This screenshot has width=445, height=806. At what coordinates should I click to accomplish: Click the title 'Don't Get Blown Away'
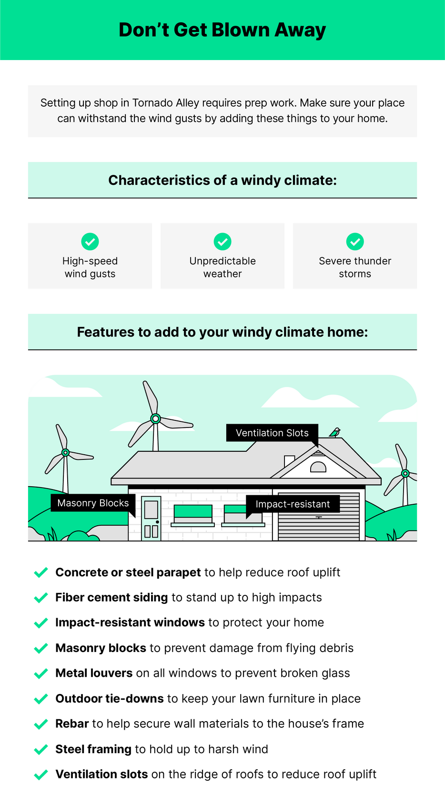222,30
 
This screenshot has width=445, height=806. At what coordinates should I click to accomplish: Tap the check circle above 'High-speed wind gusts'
90,242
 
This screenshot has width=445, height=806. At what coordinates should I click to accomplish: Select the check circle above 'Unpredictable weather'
222,242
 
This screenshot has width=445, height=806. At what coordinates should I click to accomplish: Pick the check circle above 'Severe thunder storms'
355,242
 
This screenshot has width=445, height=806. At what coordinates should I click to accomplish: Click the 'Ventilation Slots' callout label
272,433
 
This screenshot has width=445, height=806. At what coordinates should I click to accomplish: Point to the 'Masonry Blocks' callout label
93,503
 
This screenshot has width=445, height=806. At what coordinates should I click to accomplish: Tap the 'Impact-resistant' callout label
293,504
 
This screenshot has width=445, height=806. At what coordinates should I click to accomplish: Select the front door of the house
151,518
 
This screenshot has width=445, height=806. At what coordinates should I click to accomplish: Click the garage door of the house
319,517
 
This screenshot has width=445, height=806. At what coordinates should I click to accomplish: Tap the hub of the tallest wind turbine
155,418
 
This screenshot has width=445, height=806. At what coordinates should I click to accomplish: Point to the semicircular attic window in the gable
318,467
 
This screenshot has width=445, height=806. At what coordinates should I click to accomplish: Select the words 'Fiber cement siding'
111,598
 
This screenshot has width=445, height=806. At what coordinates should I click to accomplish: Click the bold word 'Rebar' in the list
72,724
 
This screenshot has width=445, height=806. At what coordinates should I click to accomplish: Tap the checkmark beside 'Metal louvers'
41,673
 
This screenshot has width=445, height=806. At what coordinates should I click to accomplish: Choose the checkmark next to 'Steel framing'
41,749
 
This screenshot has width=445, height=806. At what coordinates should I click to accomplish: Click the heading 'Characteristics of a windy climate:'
222,180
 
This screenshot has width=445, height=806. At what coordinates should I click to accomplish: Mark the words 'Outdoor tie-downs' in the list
110,699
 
